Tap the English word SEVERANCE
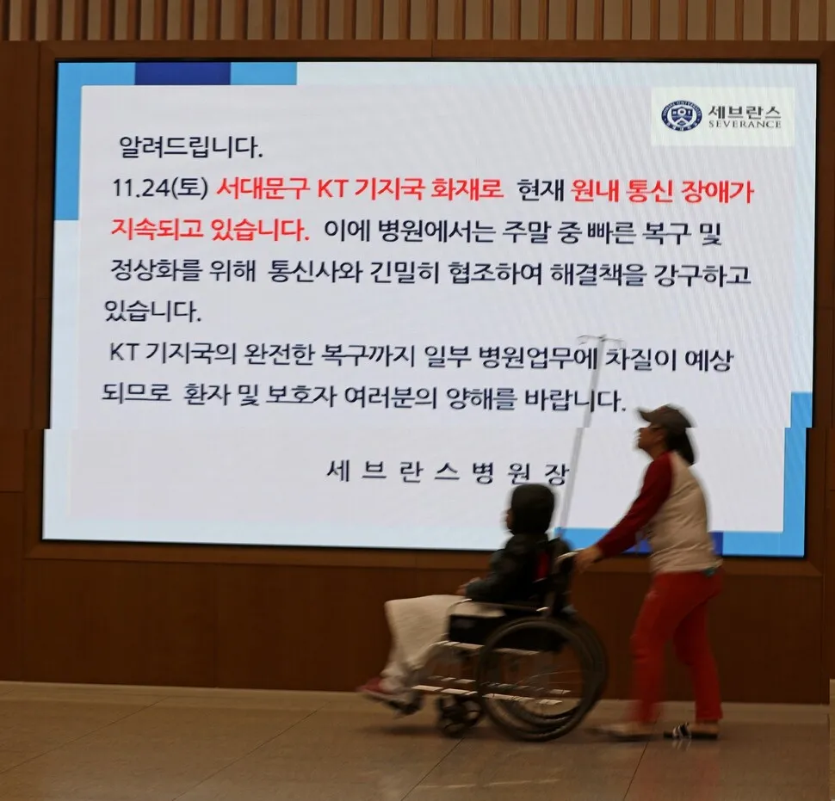(x=744, y=124)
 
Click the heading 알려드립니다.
(x=190, y=147)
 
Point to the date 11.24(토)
(x=159, y=188)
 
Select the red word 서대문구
(x=263, y=188)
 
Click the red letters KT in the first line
(x=331, y=189)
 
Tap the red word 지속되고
(x=157, y=230)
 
